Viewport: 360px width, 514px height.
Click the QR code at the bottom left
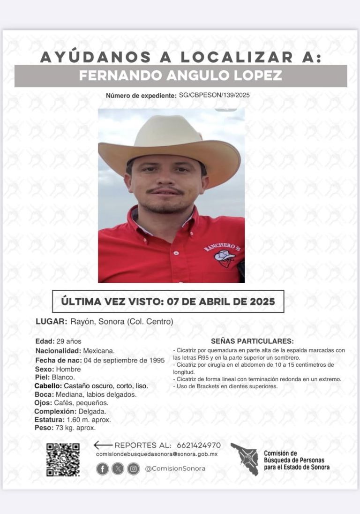click(x=63, y=460)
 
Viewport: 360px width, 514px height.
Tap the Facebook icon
click(x=102, y=469)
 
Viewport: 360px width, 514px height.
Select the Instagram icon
click(x=133, y=469)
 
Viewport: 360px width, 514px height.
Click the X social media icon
click(x=118, y=469)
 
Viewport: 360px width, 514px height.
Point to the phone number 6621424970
click(x=198, y=445)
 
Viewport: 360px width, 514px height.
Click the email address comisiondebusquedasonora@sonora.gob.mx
click(x=157, y=454)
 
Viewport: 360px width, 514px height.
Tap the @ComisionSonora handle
click(x=175, y=469)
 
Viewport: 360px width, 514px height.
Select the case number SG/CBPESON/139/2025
click(x=214, y=95)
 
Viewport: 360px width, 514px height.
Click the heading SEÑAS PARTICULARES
click(x=252, y=341)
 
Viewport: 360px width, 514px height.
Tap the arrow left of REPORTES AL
click(x=103, y=445)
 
